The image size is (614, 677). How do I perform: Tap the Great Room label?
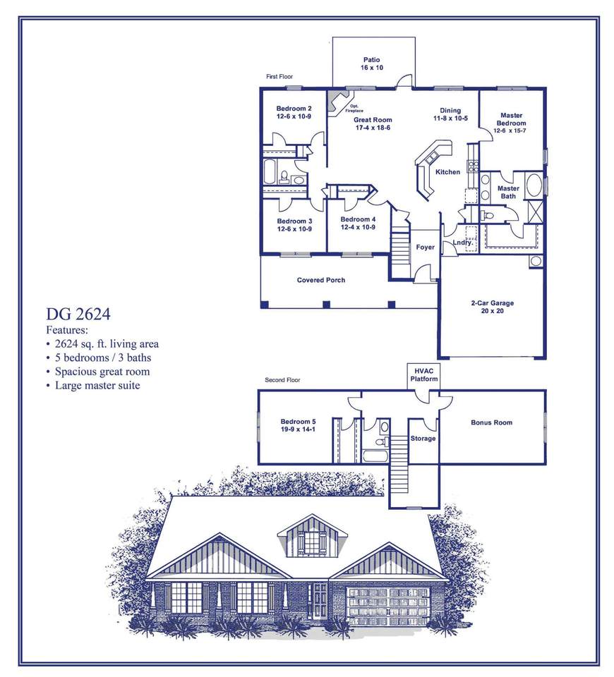point(373,124)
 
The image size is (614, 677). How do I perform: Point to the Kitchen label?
point(447,172)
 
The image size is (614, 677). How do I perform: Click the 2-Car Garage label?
point(493,307)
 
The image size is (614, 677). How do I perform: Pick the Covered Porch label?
point(321,280)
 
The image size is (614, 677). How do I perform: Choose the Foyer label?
point(425,248)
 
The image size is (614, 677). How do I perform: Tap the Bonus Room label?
point(491,423)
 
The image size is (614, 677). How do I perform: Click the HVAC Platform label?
point(425,375)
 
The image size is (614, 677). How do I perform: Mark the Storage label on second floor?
point(423,439)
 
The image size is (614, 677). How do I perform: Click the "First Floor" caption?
point(279,76)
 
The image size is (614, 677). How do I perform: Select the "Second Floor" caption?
point(282,380)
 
